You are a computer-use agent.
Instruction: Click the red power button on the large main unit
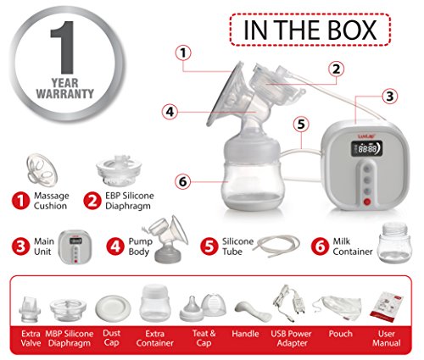pos(367,202)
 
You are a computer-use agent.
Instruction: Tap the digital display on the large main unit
pos(367,149)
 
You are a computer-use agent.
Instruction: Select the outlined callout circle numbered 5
pos(301,125)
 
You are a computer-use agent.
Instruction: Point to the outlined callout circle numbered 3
pos(390,97)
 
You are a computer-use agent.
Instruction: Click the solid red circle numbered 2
pos(92,201)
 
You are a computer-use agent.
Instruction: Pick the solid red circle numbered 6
pos(320,246)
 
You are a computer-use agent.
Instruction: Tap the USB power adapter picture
pos(290,303)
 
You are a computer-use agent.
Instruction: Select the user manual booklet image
pos(387,307)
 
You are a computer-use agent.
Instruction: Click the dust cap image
pos(113,308)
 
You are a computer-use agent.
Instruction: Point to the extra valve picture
pos(30,309)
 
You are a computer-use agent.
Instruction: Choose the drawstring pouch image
pos(338,308)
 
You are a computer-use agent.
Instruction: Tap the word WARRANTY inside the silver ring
pos(65,93)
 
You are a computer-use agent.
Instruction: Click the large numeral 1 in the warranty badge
pos(64,47)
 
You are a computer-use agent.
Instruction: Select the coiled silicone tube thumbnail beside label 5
pos(276,246)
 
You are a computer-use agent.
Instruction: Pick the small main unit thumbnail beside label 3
pos(75,247)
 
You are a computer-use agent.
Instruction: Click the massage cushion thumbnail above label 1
pos(42,169)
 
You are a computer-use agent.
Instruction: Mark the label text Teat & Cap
pos(204,338)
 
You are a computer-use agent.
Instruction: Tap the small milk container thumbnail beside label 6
pos(395,243)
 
